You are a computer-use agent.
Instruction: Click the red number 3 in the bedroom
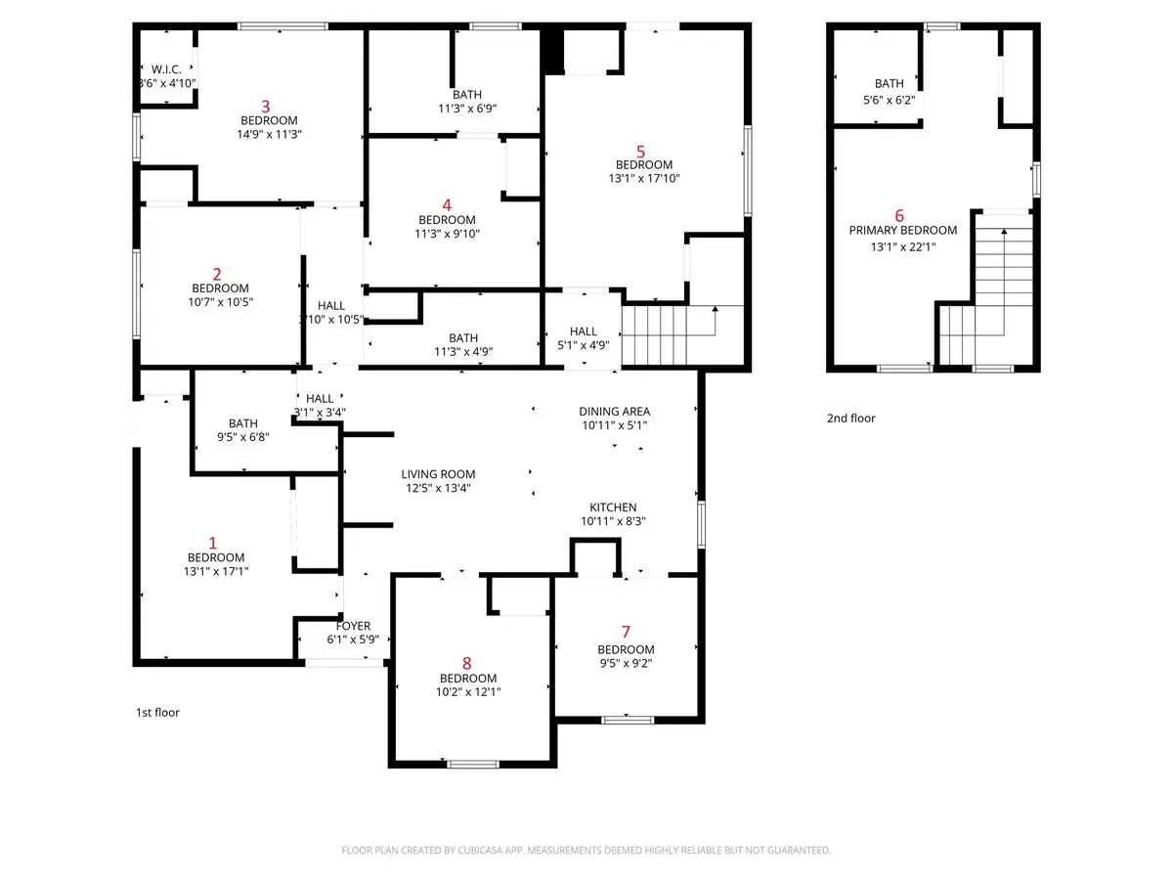(x=264, y=106)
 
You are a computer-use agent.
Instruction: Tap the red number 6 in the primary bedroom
(x=899, y=215)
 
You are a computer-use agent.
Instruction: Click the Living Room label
(x=439, y=473)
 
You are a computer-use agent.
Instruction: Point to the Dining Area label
(x=614, y=412)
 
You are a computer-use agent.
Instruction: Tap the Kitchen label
(x=613, y=507)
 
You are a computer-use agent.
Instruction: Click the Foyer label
(x=353, y=626)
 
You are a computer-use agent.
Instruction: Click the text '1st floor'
(x=157, y=713)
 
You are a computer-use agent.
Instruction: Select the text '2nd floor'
(x=850, y=418)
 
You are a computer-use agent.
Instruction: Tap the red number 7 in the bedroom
(x=626, y=634)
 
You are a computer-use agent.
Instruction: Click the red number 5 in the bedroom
(x=640, y=151)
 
